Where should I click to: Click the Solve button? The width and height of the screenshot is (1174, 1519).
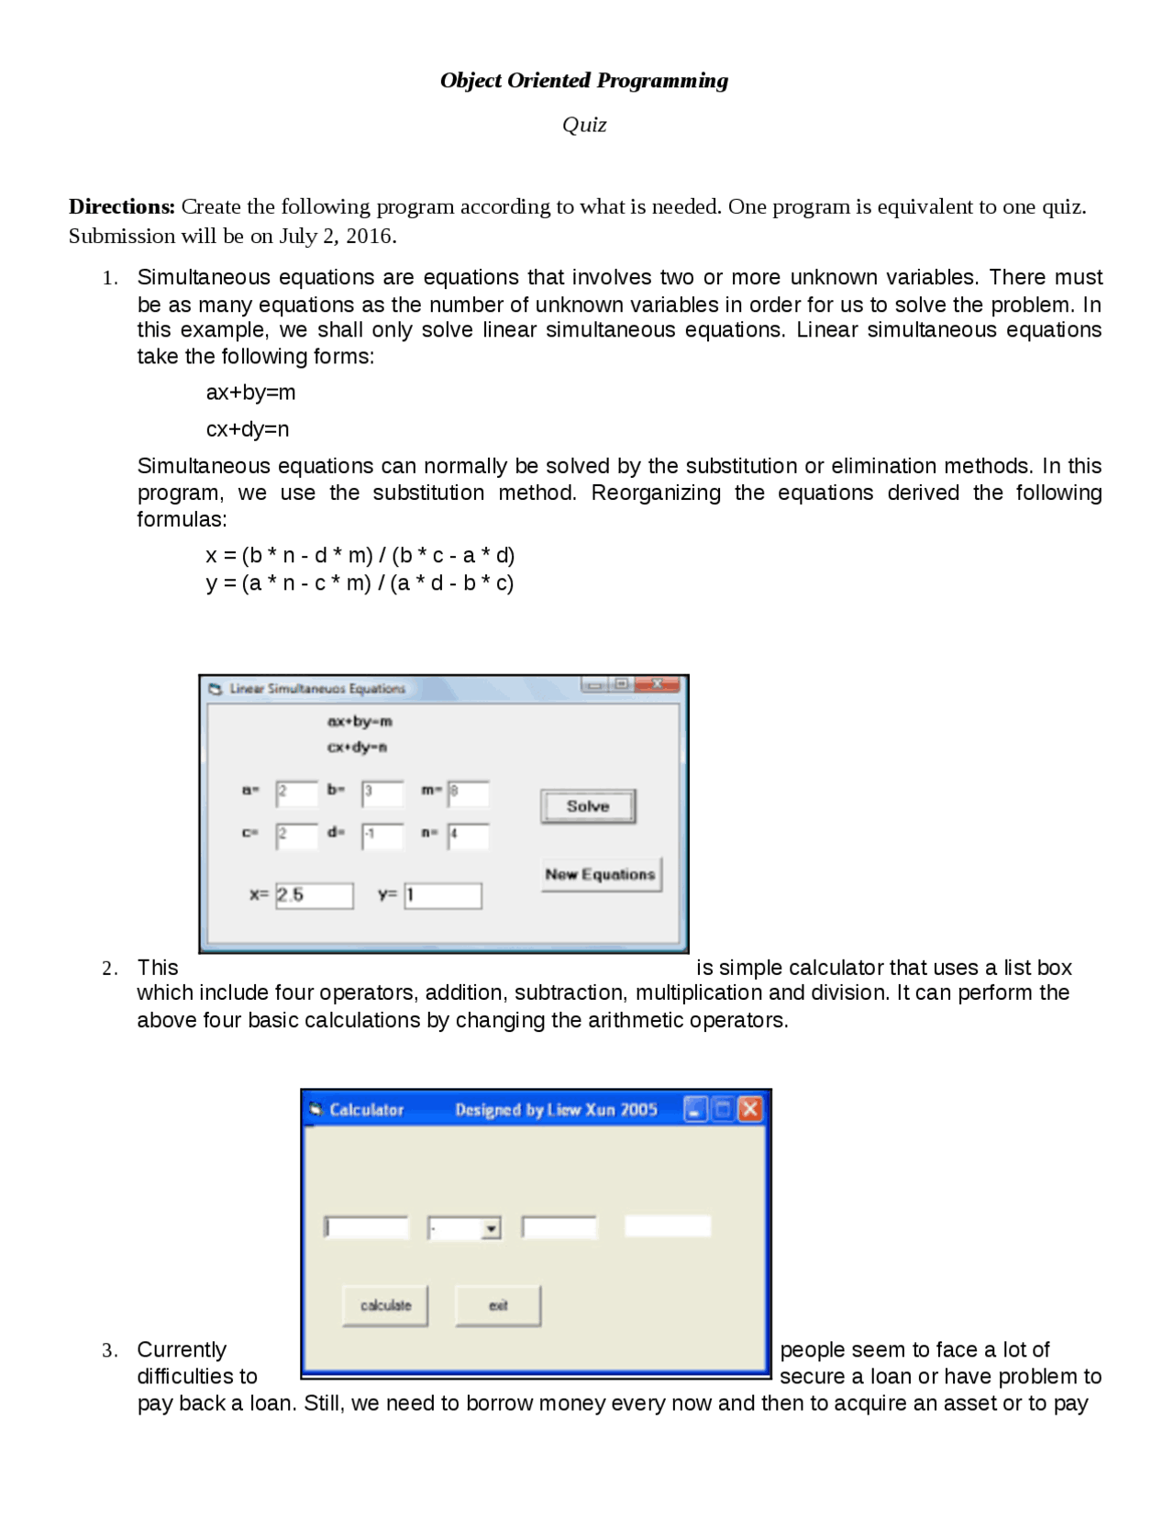click(x=587, y=806)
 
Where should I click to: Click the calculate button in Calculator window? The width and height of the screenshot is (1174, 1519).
click(x=385, y=1305)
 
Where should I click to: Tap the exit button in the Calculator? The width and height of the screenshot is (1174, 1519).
click(x=498, y=1305)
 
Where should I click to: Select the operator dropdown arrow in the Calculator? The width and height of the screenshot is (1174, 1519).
click(x=492, y=1228)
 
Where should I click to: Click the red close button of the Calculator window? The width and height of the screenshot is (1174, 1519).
click(x=750, y=1109)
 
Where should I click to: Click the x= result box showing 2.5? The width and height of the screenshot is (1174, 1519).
click(x=315, y=895)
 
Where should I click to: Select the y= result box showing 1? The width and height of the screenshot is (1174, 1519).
click(x=443, y=895)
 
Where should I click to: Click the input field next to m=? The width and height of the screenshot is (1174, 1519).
click(x=469, y=793)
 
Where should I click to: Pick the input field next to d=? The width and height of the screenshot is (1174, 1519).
click(x=382, y=836)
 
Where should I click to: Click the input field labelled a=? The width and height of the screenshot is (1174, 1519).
click(x=297, y=793)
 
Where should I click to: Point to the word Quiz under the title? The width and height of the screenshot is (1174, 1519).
click(x=584, y=125)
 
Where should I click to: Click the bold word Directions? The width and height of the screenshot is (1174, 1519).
click(x=121, y=206)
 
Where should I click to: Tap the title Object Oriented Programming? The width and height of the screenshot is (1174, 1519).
click(x=584, y=81)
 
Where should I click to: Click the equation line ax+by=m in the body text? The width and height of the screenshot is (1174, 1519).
click(x=250, y=393)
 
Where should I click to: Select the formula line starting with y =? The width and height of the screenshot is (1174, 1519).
click(x=360, y=583)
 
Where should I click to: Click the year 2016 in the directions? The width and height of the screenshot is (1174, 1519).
click(x=369, y=237)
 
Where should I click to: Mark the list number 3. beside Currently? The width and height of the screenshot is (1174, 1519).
click(x=109, y=1350)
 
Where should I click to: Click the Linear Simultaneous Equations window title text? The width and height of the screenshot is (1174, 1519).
click(x=316, y=688)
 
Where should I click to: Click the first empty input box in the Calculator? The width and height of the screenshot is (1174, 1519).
click(x=367, y=1227)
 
